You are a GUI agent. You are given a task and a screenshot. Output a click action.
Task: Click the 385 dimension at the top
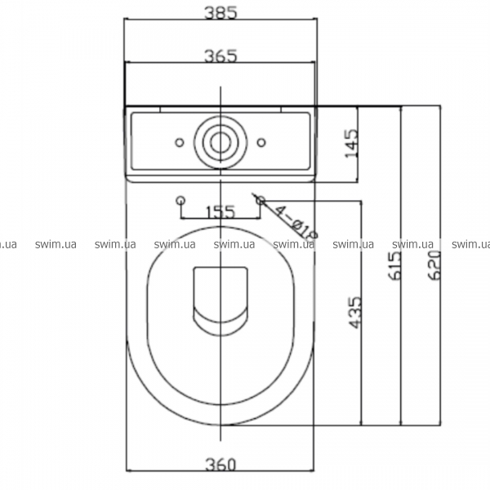tap(220, 13)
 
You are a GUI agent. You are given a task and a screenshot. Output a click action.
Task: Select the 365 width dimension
tap(220, 56)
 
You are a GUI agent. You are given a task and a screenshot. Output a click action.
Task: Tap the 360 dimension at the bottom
tap(220, 465)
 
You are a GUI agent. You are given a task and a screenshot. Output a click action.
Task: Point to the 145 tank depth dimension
tap(351, 144)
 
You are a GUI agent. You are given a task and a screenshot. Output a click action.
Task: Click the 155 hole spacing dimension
tap(220, 212)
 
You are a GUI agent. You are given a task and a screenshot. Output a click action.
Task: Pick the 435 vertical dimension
tap(354, 313)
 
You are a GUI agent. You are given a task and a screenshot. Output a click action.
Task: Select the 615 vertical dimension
tap(394, 265)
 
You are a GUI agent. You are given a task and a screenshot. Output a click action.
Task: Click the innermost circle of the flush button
tap(220, 142)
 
